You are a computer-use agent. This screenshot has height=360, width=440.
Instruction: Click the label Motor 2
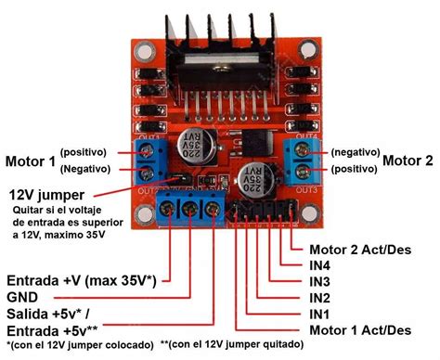(408, 160)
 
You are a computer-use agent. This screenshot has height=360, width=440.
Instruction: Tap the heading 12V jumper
(46, 196)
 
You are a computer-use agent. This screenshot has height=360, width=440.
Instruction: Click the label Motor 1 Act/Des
(359, 330)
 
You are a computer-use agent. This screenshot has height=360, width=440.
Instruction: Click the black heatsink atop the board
(220, 37)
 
